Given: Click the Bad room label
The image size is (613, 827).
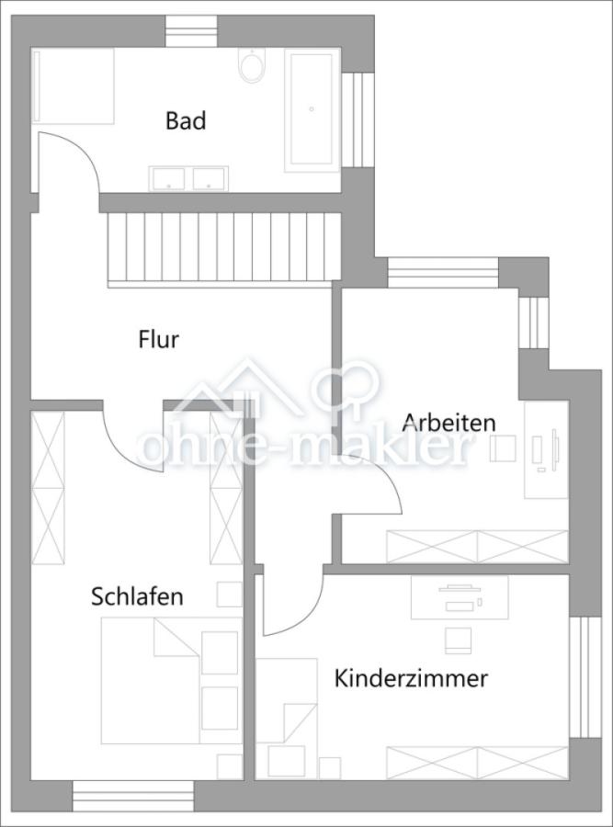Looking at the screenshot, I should (186, 120).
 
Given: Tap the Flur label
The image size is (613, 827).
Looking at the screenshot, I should (158, 340).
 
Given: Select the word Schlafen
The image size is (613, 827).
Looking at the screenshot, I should (137, 596).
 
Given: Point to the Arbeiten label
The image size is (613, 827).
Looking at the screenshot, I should (449, 423).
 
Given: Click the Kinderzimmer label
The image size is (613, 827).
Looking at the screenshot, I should (411, 679).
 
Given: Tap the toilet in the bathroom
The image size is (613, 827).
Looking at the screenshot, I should (251, 65).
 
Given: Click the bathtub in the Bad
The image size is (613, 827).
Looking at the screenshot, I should (312, 109).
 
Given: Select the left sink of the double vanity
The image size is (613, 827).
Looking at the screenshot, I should (168, 177).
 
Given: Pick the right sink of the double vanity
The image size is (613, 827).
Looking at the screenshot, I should (210, 177).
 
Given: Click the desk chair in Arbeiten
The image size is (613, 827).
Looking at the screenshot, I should (503, 448).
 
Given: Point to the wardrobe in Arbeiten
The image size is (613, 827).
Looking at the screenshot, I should (477, 546).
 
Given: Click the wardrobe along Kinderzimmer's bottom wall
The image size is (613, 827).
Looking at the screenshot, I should (477, 762).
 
